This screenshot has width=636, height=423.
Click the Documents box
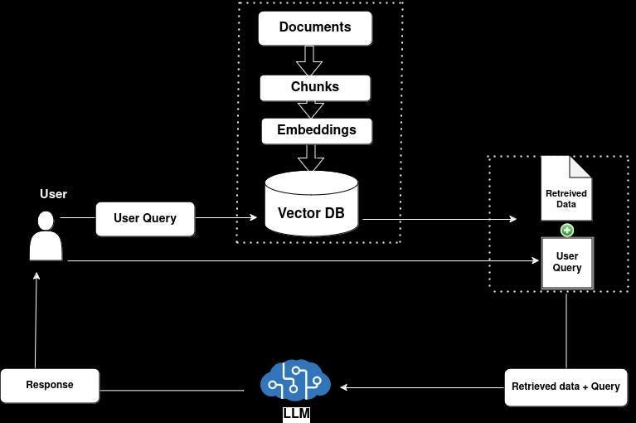(315, 27)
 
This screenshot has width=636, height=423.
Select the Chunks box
(315, 87)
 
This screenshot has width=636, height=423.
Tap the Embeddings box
(317, 130)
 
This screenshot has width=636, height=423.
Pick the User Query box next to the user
(145, 219)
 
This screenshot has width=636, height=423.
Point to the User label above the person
(53, 194)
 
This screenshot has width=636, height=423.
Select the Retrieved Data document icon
(566, 189)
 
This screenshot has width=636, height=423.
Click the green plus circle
(567, 230)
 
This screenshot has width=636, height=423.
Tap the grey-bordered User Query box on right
(567, 263)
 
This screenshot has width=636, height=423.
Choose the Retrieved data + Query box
(566, 387)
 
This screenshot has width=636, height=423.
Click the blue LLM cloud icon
(295, 382)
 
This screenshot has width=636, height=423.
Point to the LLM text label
(296, 413)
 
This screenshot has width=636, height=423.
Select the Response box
(50, 386)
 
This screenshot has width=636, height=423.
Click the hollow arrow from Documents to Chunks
(309, 61)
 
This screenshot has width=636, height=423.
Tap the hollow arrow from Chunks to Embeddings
(310, 109)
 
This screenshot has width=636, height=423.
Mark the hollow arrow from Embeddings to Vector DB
(310, 157)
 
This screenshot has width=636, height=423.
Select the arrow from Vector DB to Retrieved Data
(439, 219)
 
